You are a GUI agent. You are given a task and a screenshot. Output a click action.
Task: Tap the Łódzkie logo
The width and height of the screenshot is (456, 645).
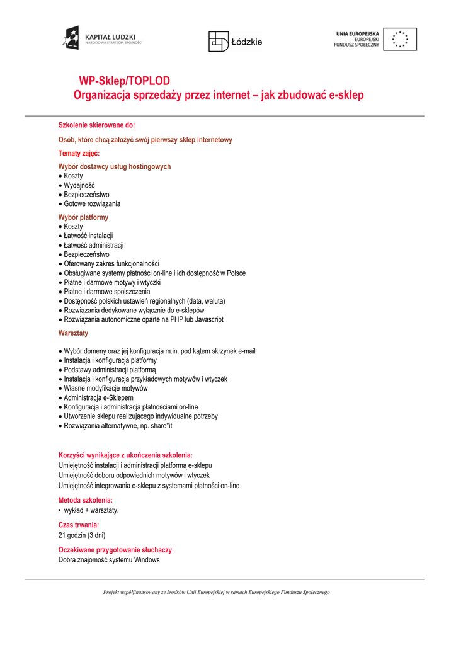tap(235, 41)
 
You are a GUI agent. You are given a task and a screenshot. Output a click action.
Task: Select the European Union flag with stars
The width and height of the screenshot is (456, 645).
tap(400, 39)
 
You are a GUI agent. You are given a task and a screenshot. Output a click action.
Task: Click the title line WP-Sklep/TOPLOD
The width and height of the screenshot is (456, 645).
tap(124, 81)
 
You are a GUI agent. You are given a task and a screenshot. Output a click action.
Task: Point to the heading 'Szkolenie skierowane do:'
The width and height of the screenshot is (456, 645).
tap(97, 125)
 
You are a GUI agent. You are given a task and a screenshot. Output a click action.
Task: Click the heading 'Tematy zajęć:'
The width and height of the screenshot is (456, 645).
tap(79, 153)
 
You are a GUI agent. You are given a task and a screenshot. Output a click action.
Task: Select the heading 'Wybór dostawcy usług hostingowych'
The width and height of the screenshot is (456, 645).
tap(115, 167)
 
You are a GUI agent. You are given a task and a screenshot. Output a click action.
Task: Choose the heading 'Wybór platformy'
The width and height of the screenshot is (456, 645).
tap(83, 217)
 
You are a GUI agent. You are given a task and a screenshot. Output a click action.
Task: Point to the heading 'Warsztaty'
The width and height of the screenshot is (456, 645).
tap(73, 333)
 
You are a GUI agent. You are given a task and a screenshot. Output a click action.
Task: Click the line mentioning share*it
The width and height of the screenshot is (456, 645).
tap(118, 426)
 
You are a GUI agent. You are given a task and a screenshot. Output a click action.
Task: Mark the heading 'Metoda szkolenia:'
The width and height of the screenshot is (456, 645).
tap(86, 500)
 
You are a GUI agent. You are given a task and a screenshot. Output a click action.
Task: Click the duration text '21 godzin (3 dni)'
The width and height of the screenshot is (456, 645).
tap(82, 535)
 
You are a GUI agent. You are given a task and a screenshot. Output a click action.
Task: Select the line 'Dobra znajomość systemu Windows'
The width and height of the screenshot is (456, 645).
tap(109, 559)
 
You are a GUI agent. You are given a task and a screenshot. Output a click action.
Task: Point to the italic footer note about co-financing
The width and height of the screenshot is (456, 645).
tap(217, 592)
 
